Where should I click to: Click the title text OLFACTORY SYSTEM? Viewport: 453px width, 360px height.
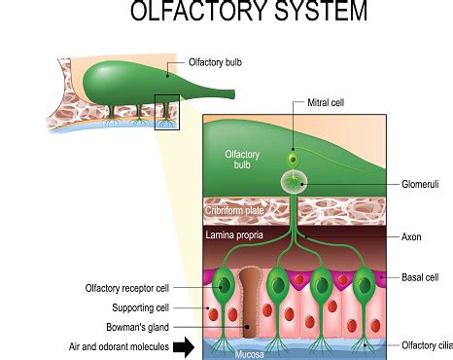point(248,13)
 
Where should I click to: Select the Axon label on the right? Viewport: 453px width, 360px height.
point(410,237)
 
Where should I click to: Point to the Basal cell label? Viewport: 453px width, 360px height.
point(420,277)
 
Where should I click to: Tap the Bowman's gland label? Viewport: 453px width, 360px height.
point(149,327)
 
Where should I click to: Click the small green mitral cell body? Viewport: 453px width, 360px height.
point(292,158)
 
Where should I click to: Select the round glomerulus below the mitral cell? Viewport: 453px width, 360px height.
point(293,181)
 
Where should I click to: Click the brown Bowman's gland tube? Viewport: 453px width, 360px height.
point(251,302)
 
